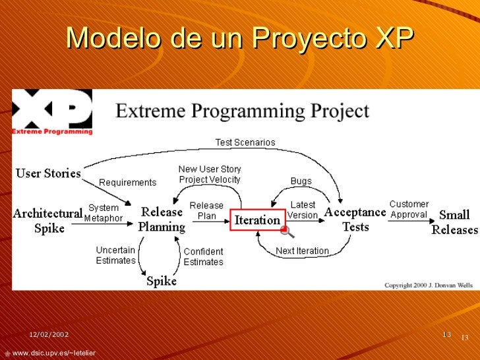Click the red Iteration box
(x=257, y=220)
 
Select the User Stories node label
(x=48, y=174)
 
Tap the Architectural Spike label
(x=48, y=220)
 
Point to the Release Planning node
(x=162, y=219)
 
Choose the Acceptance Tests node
(x=355, y=219)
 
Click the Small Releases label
(x=454, y=222)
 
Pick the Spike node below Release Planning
(x=162, y=281)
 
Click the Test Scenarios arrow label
(x=246, y=142)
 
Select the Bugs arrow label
(x=301, y=181)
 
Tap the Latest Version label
(x=303, y=210)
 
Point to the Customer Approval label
(x=409, y=210)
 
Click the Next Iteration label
(x=302, y=251)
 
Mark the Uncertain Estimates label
(x=115, y=255)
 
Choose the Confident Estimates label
(x=203, y=256)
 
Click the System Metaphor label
(x=104, y=213)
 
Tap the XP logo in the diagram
(x=52, y=112)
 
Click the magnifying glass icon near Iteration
(x=287, y=231)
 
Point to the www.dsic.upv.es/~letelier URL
(x=53, y=354)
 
